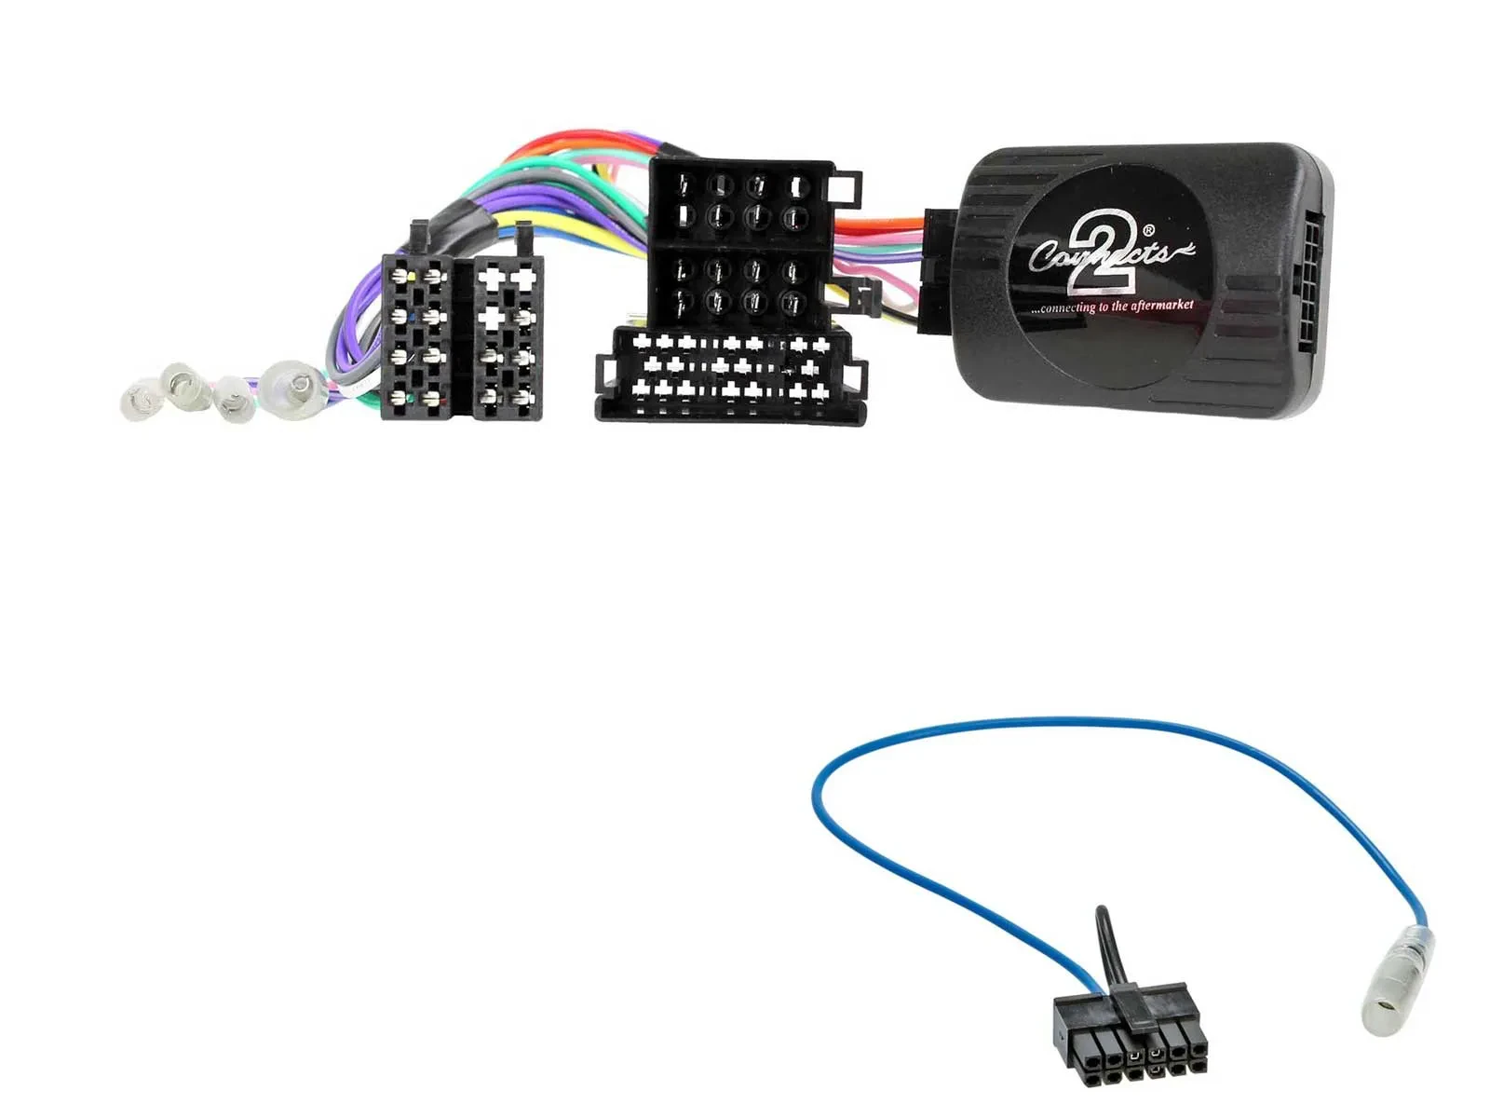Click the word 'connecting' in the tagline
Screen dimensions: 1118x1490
pyautogui.click(x=1066, y=307)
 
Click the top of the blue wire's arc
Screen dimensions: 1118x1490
pyautogui.click(x=1099, y=720)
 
